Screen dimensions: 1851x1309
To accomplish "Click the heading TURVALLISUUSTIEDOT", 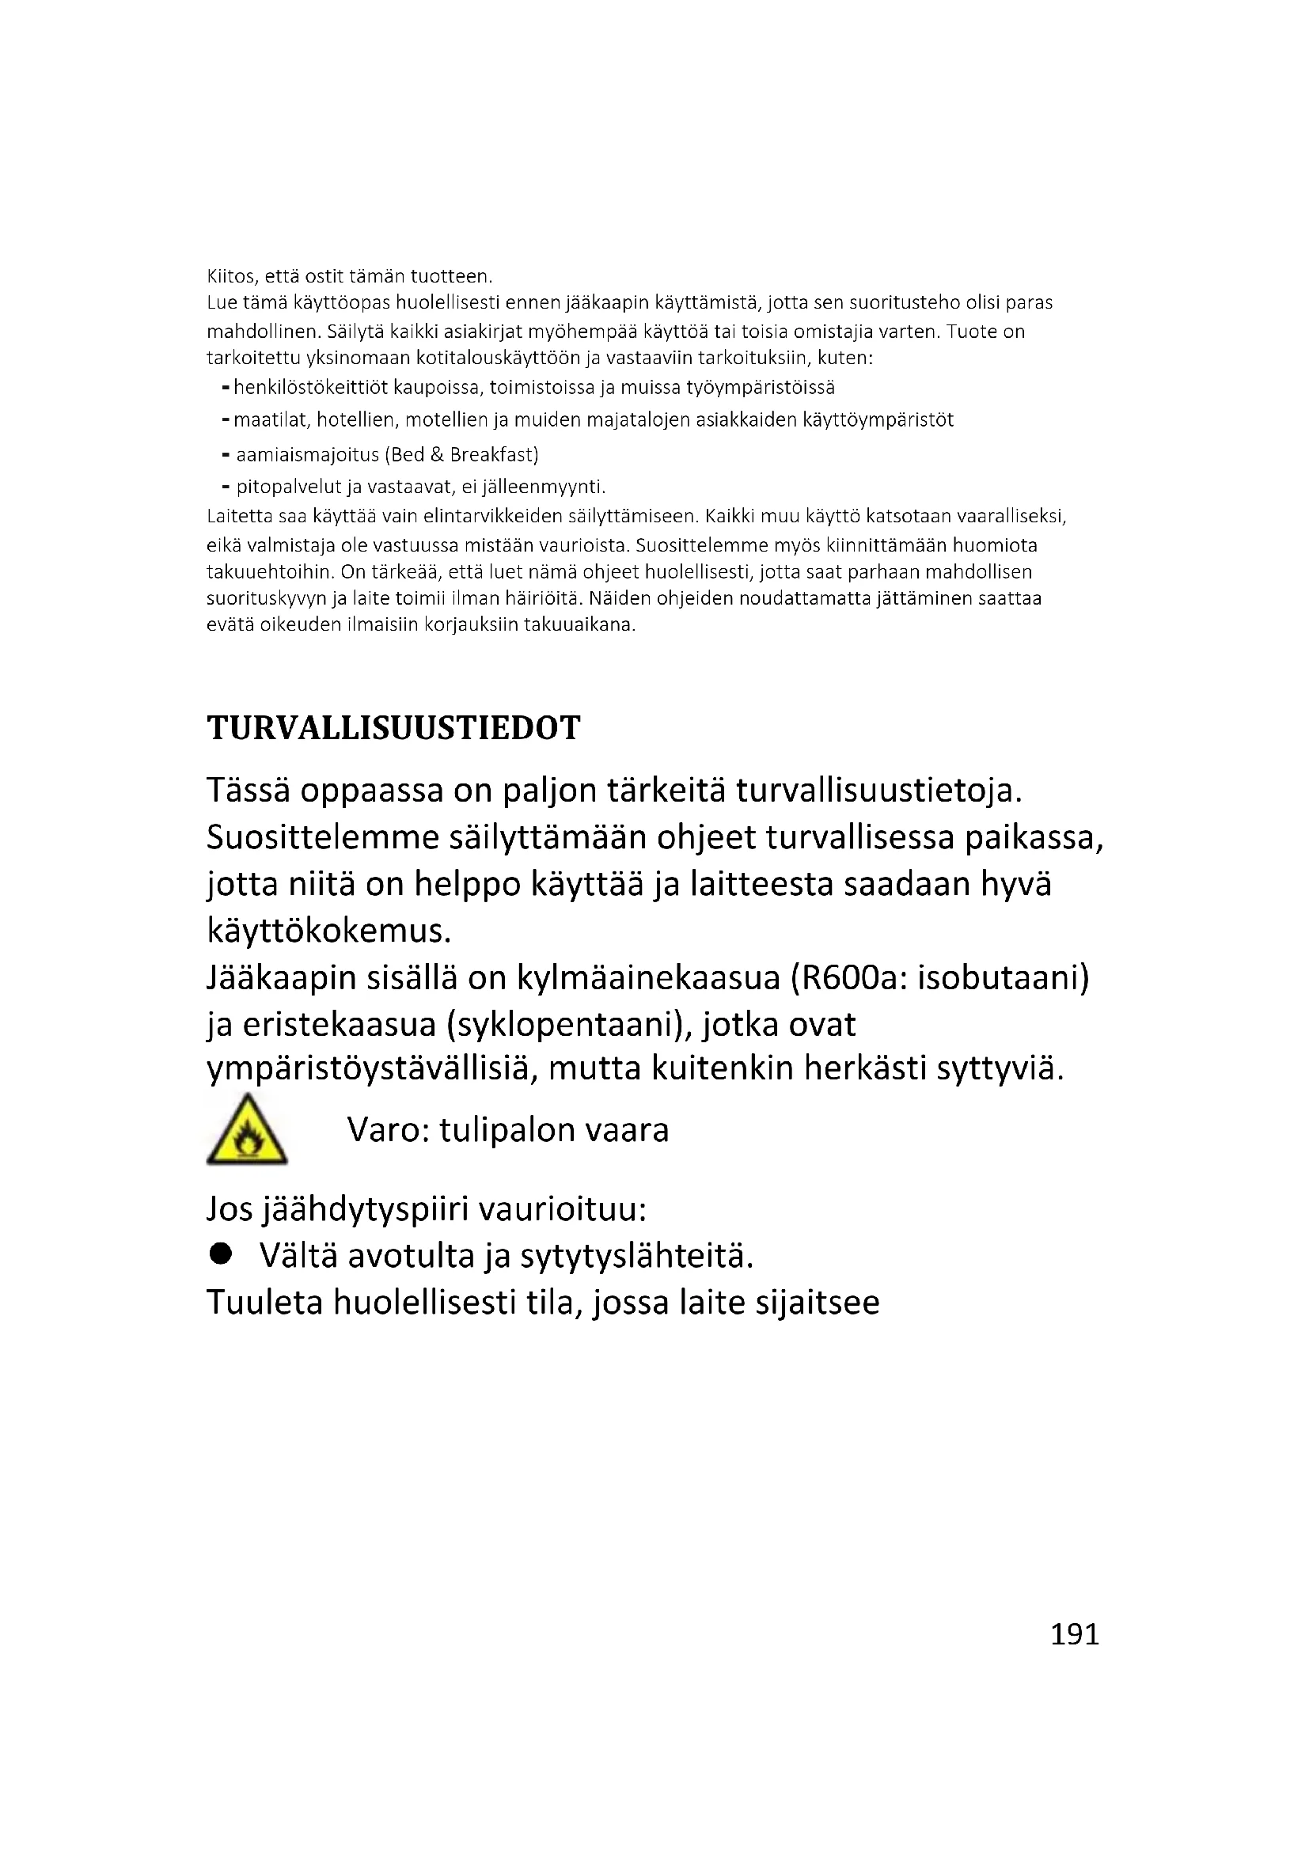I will click(393, 728).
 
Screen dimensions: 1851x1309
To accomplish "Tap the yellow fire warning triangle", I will click(247, 1131).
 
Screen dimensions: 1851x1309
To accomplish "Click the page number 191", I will click(1075, 1634).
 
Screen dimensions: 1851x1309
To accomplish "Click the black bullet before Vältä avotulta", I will click(220, 1253).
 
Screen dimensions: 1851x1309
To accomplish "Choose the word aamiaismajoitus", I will click(307, 455).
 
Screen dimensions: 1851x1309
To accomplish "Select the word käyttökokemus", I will click(328, 931).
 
